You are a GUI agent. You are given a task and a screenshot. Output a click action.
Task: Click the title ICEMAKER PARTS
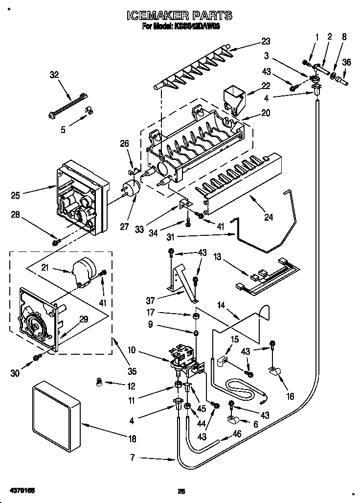[180, 17]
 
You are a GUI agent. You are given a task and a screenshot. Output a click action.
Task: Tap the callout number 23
[265, 41]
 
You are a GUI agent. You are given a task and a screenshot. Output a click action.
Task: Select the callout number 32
[54, 75]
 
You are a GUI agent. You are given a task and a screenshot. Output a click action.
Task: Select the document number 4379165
[21, 490]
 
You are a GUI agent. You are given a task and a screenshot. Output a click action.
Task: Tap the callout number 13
[217, 255]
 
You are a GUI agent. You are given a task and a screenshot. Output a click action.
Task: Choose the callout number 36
[346, 62]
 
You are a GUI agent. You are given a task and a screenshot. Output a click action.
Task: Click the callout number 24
[268, 218]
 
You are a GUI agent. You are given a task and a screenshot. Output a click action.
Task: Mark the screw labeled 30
[36, 359]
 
